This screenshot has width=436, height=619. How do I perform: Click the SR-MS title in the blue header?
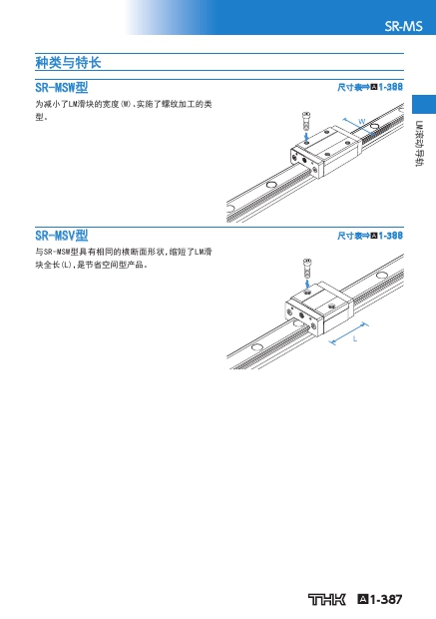[403, 26]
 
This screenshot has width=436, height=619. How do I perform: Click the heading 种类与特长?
[68, 62]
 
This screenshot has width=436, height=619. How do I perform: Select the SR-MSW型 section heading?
[62, 87]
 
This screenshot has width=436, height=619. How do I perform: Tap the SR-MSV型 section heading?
[62, 236]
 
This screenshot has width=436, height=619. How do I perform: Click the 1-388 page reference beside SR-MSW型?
[391, 87]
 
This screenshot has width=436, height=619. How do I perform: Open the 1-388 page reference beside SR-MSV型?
[391, 236]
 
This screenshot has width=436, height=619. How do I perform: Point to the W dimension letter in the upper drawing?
[361, 121]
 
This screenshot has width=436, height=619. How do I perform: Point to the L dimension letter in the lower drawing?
[355, 338]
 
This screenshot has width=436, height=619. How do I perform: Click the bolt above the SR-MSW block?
[306, 121]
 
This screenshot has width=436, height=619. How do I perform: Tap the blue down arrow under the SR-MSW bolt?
[306, 136]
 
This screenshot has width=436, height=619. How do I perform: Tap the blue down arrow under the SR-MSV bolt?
[307, 285]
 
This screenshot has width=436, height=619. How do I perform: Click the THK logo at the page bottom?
[326, 600]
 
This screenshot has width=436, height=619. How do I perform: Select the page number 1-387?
[386, 600]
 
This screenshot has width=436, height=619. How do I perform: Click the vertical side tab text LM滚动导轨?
[419, 144]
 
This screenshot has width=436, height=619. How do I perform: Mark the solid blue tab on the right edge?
[424, 104]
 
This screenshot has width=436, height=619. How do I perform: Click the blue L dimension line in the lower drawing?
[348, 334]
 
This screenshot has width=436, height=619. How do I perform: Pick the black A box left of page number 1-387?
[363, 600]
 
